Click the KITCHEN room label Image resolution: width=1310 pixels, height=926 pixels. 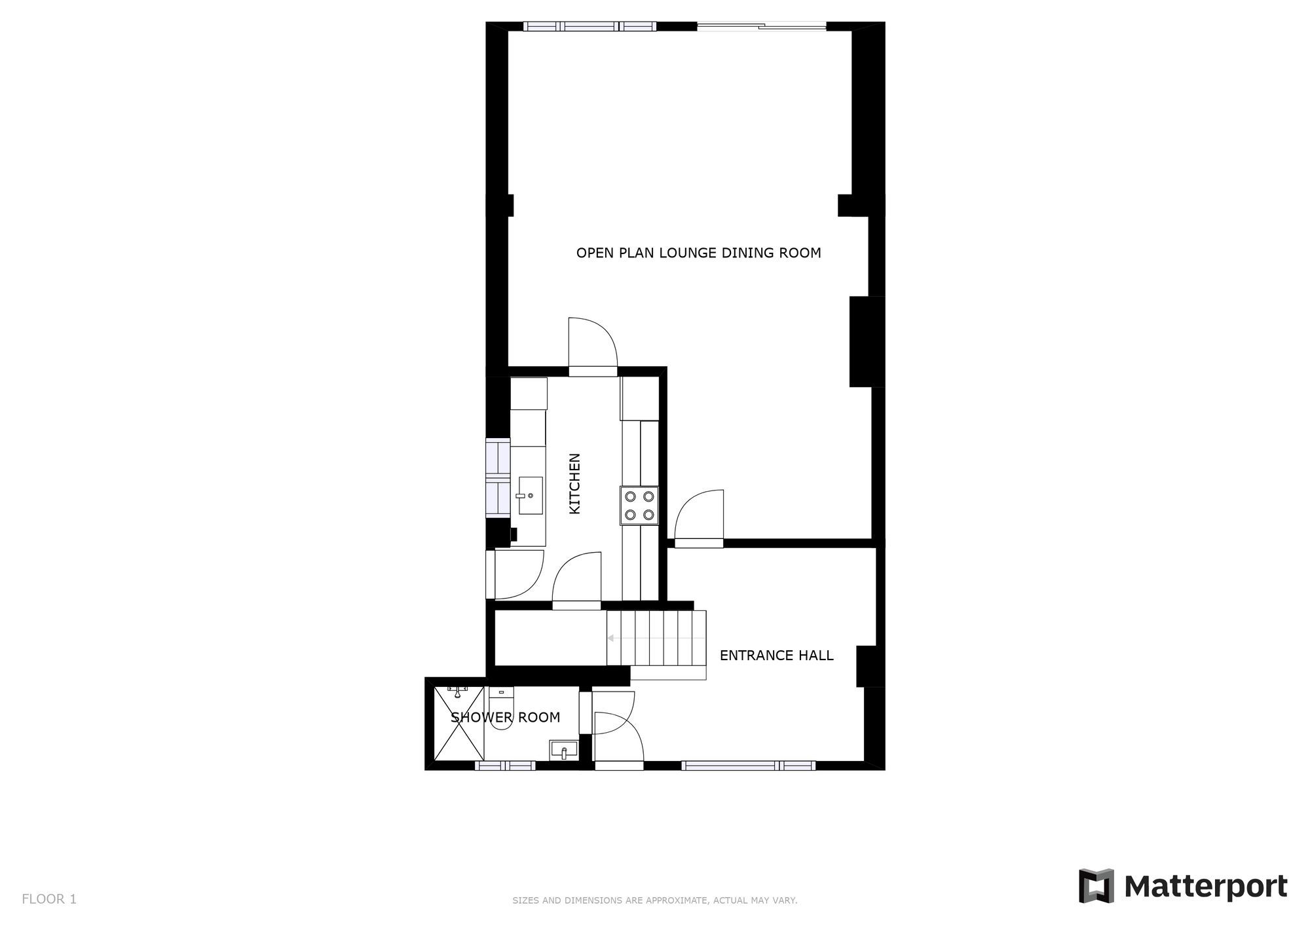pyautogui.click(x=574, y=483)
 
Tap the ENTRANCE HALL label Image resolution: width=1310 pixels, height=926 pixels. pyautogui.click(x=776, y=656)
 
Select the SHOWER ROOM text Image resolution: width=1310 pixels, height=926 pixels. pyautogui.click(x=505, y=717)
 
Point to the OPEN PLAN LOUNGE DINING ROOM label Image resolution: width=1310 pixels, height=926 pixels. pyautogui.click(x=698, y=253)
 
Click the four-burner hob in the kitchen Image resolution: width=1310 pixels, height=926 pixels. pyautogui.click(x=639, y=506)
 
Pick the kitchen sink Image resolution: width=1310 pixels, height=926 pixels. pyautogui.click(x=530, y=495)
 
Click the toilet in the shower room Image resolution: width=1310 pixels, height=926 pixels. pyautogui.click(x=502, y=711)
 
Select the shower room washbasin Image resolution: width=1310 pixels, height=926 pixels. pyautogui.click(x=564, y=749)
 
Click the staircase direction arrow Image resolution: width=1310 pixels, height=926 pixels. pyautogui.click(x=610, y=638)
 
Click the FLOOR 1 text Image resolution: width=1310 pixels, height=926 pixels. pyautogui.click(x=49, y=899)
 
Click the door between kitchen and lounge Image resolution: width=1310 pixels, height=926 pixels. pyautogui.click(x=592, y=347)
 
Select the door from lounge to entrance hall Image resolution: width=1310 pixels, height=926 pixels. pyautogui.click(x=699, y=519)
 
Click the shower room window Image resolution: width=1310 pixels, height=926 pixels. pyautogui.click(x=505, y=765)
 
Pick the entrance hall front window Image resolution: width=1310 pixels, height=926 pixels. pyautogui.click(x=748, y=765)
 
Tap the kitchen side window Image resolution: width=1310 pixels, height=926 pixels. pyautogui.click(x=498, y=477)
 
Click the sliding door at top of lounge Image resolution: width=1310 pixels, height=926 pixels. pyautogui.click(x=761, y=26)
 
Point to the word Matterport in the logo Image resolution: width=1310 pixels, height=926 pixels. pyautogui.click(x=1205, y=887)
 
